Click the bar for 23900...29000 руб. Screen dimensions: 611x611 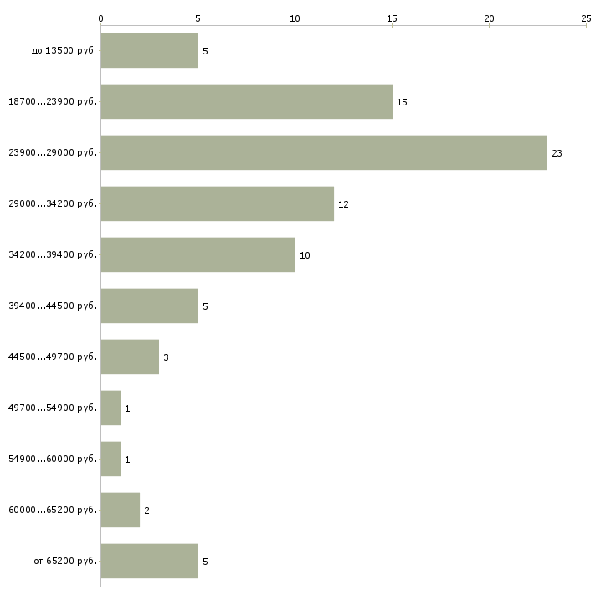click(x=324, y=152)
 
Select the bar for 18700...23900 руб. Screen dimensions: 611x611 click(x=246, y=101)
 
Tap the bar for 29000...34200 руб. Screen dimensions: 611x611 click(x=217, y=203)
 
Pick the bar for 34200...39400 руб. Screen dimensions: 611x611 click(x=198, y=254)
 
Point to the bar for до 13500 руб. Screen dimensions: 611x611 click(x=149, y=50)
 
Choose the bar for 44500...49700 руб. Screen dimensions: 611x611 click(x=130, y=357)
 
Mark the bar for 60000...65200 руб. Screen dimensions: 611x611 click(x=120, y=510)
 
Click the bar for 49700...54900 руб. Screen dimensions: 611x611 click(x=110, y=408)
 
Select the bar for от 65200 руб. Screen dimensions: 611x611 click(x=149, y=561)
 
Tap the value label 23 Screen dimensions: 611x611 click(x=557, y=153)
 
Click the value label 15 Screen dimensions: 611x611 click(x=402, y=102)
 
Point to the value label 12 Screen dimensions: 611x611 click(x=343, y=204)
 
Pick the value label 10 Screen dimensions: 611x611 click(x=305, y=255)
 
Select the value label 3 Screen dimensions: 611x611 click(x=166, y=357)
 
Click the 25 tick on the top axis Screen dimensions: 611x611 click(x=586, y=18)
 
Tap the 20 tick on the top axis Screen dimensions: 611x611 click(x=489, y=18)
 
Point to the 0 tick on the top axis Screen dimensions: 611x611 click(x=101, y=18)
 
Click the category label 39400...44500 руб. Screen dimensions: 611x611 click(x=53, y=305)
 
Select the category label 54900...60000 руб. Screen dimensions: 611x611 click(x=53, y=459)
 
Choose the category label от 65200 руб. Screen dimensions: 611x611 click(x=65, y=561)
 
